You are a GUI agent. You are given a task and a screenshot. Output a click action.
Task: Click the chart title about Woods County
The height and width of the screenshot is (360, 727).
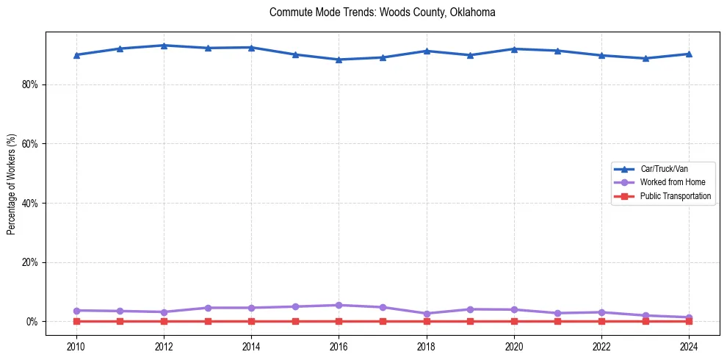(x=383, y=12)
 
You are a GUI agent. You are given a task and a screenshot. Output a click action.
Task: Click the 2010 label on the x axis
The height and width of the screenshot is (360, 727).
(x=76, y=346)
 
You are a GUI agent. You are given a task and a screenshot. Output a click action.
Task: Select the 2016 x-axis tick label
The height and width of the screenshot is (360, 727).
(x=339, y=346)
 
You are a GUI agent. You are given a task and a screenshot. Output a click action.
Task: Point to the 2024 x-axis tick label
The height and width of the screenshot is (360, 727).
(x=689, y=346)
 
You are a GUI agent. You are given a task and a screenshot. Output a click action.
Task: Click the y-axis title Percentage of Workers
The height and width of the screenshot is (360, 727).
(x=12, y=184)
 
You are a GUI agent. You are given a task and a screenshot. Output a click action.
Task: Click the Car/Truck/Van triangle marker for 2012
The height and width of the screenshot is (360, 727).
(x=164, y=46)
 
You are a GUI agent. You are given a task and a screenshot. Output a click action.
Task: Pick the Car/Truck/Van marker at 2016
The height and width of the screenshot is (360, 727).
(x=339, y=60)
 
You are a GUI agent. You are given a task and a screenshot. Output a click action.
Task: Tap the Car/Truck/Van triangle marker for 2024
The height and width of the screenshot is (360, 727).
(x=689, y=54)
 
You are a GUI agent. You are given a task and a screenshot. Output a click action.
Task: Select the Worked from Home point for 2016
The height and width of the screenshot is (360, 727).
(x=339, y=305)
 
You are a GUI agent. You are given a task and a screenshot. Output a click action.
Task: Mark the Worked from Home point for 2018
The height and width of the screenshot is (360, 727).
(x=427, y=314)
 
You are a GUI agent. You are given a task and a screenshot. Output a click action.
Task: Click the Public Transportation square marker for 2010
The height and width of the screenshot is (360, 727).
(x=76, y=321)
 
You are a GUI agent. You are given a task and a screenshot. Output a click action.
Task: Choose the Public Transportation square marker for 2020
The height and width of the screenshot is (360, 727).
(x=514, y=321)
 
